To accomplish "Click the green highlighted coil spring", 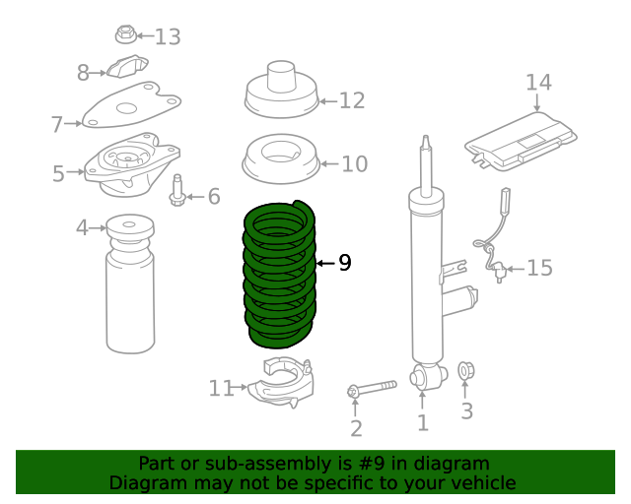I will (x=280, y=276).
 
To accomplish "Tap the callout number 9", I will (x=344, y=263).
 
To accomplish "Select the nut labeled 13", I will (x=125, y=36).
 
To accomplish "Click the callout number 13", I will (x=168, y=37).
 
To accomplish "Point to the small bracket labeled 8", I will (x=126, y=70).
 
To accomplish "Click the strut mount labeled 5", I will (x=132, y=162).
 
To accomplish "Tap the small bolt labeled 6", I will (x=178, y=191).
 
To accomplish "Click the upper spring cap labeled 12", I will (x=279, y=91).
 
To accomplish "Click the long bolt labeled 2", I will (x=373, y=389).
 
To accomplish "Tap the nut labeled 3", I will (x=466, y=372).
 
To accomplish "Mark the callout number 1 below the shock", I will (x=423, y=424).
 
